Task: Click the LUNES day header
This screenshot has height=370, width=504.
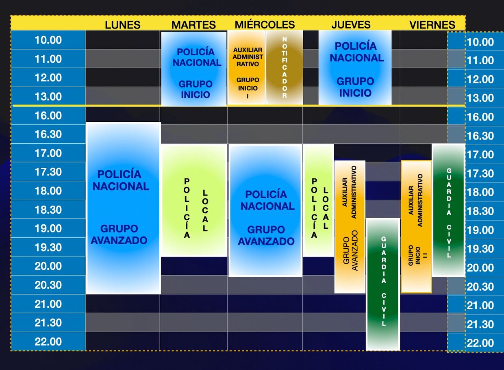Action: (x=123, y=24)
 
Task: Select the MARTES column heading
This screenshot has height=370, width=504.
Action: (x=193, y=24)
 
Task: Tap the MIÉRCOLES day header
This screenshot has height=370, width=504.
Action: (x=265, y=24)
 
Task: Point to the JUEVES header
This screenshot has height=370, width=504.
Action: (x=351, y=24)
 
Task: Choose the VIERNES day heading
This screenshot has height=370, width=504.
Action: (x=432, y=25)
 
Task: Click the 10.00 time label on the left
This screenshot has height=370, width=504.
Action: (x=48, y=40)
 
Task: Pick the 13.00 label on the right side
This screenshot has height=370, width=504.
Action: (x=480, y=98)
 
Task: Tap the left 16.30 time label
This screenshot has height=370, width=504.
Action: (x=48, y=134)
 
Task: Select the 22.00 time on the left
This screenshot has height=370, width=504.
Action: (x=48, y=342)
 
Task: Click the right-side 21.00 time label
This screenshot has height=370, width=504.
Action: (x=480, y=306)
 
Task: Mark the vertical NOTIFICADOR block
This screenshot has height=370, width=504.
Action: (x=285, y=68)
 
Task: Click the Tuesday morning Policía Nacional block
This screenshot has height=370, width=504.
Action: (x=194, y=68)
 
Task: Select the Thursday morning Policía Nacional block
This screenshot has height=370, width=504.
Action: (x=355, y=68)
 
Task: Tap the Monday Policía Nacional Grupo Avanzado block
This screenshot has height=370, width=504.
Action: (x=123, y=208)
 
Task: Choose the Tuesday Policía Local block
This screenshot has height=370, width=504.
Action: (x=194, y=200)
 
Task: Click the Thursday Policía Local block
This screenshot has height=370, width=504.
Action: (x=318, y=200)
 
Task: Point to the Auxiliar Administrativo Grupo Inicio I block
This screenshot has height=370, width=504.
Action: (x=247, y=68)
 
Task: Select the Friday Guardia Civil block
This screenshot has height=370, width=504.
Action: (x=448, y=210)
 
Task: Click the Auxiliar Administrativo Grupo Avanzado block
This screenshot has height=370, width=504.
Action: (x=350, y=227)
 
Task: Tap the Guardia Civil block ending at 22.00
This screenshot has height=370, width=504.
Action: (x=383, y=284)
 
